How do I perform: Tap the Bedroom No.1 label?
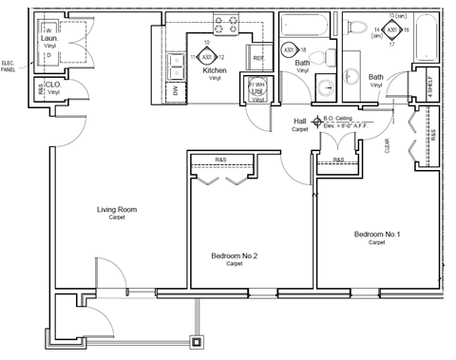pos(377,234)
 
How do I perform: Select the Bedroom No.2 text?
pos(234,255)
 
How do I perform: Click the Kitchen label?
pos(214,70)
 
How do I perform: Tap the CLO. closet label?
pos(53,85)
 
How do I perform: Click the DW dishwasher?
pos(176,90)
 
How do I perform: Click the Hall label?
pos(300,122)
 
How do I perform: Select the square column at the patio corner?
pos(197,341)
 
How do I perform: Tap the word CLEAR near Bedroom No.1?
pos(388,145)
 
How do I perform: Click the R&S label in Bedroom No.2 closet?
pos(220,159)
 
